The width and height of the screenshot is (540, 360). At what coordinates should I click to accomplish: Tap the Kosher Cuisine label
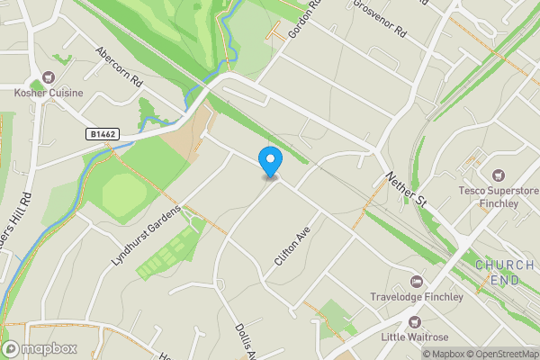point(49,93)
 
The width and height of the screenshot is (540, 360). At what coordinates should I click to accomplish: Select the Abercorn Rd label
point(119,67)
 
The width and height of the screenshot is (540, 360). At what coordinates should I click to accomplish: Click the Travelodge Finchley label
point(416,296)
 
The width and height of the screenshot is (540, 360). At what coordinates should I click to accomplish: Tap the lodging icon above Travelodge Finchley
point(416,280)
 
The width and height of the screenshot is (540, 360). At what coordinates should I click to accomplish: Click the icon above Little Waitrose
point(414,321)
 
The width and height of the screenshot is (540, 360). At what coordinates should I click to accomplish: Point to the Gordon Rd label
point(304,18)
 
